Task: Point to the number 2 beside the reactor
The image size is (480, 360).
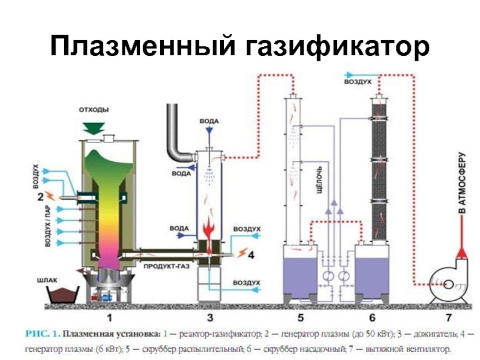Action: [40, 196]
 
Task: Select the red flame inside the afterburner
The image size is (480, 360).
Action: [209, 231]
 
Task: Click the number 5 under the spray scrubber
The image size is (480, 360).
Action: [300, 315]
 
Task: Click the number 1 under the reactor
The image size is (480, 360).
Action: [109, 315]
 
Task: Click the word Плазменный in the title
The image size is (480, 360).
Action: [141, 46]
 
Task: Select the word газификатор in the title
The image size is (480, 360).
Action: [336, 46]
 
